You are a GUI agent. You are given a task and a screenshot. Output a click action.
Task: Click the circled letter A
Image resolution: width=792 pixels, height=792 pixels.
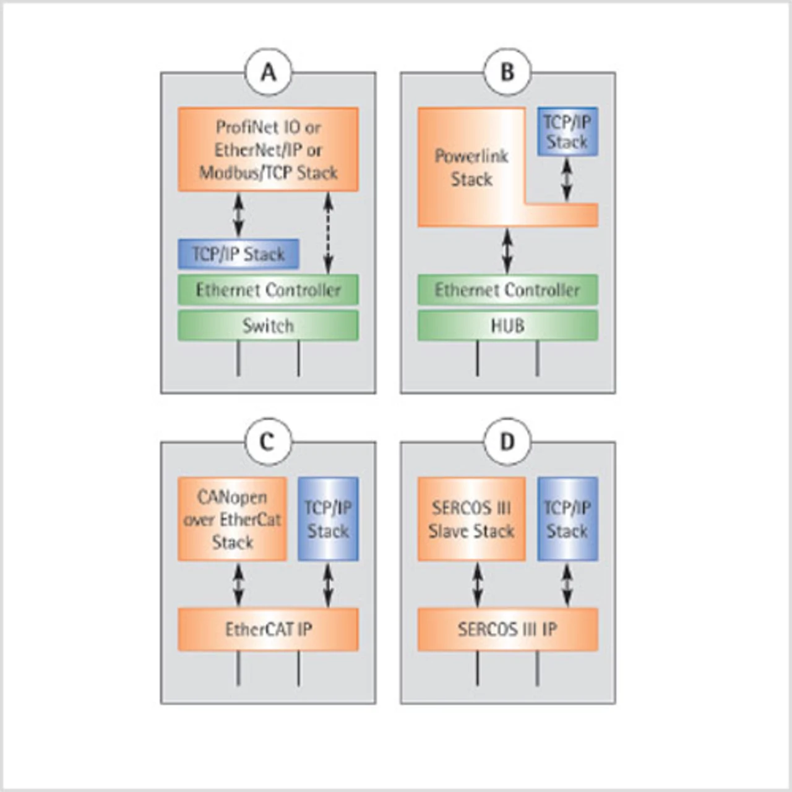click(x=269, y=72)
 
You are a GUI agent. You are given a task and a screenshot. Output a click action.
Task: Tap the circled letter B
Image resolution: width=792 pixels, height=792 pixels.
click(x=507, y=72)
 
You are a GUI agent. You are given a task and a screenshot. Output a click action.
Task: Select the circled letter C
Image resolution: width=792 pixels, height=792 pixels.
click(x=267, y=442)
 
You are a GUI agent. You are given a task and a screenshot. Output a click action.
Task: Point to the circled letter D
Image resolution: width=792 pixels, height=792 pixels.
click(x=507, y=442)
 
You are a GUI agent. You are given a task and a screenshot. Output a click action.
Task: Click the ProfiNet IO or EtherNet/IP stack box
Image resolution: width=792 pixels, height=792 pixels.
click(x=268, y=149)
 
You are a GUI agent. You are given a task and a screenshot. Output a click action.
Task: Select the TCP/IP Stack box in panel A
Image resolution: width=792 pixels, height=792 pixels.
click(x=238, y=254)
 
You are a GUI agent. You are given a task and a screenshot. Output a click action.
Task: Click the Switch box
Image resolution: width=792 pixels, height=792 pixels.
click(x=268, y=325)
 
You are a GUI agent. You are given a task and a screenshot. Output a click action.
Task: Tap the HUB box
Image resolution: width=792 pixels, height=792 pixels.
click(x=507, y=325)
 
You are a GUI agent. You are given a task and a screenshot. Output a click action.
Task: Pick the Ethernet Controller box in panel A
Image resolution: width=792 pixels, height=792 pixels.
click(x=268, y=290)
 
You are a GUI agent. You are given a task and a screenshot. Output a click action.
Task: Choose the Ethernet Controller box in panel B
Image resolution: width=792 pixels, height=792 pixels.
click(x=507, y=290)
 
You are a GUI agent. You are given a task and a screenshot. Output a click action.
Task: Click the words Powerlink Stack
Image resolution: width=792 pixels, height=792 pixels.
click(x=471, y=167)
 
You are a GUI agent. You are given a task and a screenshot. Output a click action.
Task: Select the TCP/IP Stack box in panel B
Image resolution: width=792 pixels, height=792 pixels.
click(x=567, y=131)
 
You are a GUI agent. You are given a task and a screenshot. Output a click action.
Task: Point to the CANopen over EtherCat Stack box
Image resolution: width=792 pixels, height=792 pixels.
click(x=232, y=519)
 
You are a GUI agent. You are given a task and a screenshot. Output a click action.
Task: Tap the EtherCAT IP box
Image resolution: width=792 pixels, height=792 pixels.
click(x=268, y=629)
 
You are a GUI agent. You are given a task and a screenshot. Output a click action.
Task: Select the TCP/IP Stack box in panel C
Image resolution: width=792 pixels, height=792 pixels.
click(x=328, y=519)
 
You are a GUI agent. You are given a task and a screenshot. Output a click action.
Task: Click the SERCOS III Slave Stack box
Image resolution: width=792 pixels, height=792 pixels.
click(x=471, y=519)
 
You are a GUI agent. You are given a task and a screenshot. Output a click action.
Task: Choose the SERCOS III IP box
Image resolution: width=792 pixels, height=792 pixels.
click(x=507, y=629)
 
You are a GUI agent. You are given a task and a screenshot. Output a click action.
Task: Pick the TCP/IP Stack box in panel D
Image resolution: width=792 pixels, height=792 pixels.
click(x=567, y=519)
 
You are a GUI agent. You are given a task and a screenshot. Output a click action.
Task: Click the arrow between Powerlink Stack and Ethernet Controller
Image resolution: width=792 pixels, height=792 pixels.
click(x=507, y=251)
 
